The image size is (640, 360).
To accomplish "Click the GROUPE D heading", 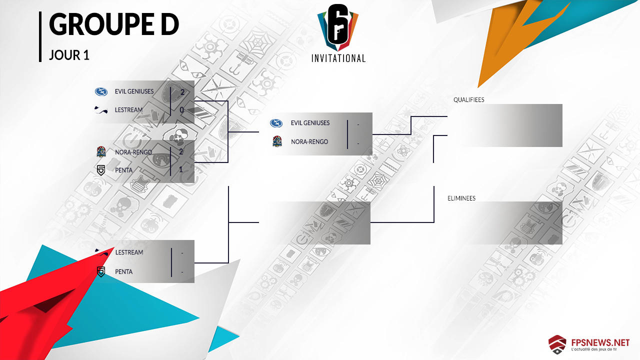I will pos(114,25).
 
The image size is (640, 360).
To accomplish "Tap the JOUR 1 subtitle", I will pos(69,55).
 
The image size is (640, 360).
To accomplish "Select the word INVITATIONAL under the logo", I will pos(338,58).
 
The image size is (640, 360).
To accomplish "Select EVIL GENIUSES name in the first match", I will pos(134,91).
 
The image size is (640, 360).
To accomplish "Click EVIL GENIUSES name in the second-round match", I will pos(310,123).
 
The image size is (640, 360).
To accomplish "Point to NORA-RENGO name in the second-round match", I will pos(309,142).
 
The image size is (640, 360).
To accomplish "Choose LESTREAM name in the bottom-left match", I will pos(129,252).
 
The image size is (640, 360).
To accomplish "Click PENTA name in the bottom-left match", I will pos(123,271).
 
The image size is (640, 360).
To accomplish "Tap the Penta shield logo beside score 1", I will pos(101,170).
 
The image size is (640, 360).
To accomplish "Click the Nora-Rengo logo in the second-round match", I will pos(277,142).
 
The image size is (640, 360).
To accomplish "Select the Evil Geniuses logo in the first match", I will pos(101,91).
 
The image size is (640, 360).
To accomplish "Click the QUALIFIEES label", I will pos(468,100).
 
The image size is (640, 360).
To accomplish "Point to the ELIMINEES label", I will pos(461,198).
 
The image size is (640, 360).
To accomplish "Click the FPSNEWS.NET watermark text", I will pos(600,342).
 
